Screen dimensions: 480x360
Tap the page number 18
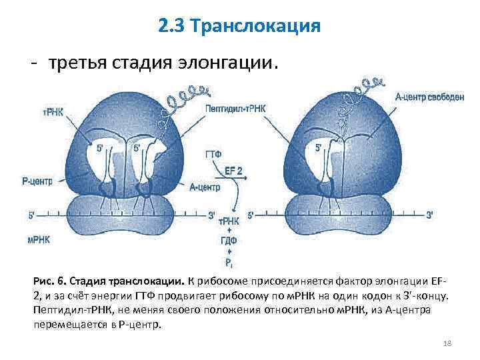pos(447,343)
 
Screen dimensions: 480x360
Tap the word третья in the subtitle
pos(71,64)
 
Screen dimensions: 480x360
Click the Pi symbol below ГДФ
pos(230,262)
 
